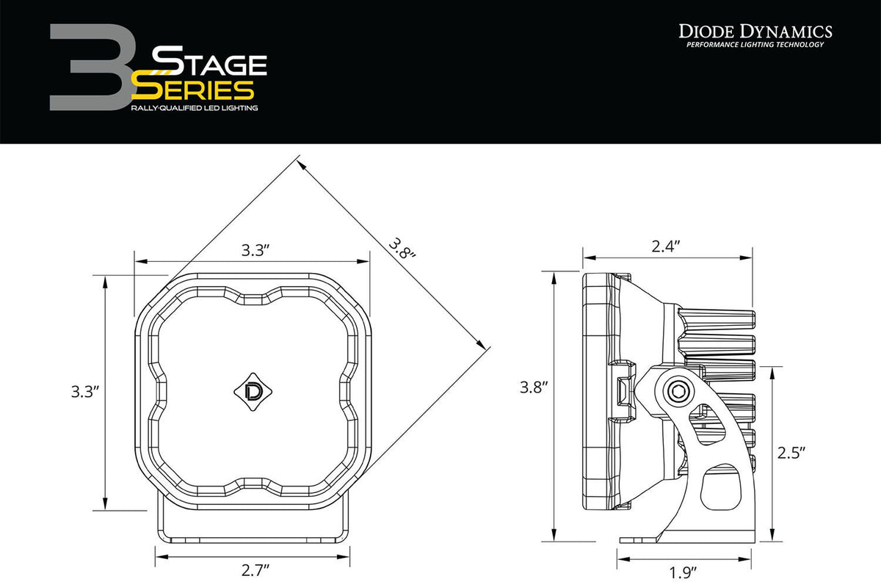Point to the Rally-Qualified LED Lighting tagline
[194, 108]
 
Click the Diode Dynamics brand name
[754, 31]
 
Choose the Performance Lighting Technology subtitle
[754, 45]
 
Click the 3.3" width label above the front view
[256, 250]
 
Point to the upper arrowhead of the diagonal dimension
[302, 163]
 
